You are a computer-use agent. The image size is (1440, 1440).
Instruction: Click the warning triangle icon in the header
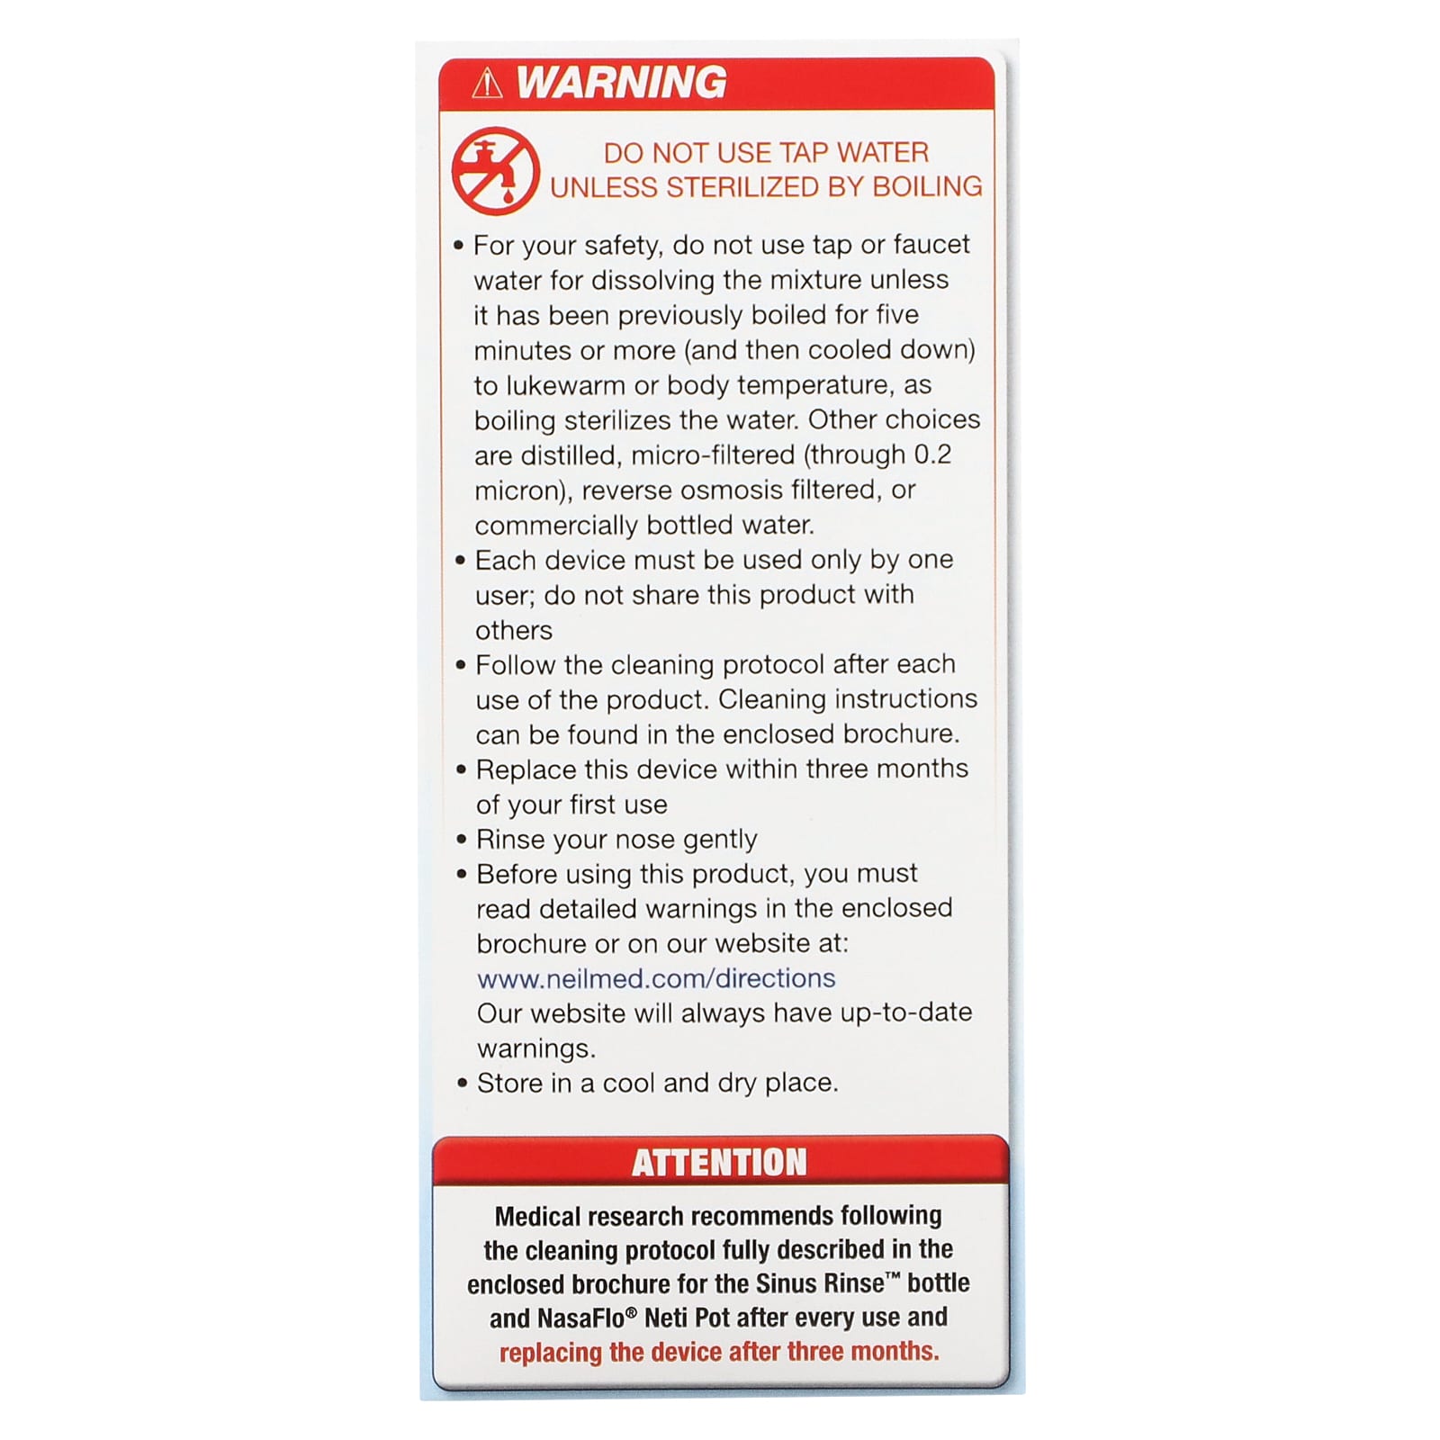487,84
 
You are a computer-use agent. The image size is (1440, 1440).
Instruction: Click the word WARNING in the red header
621,83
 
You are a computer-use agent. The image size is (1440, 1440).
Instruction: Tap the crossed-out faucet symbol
494,171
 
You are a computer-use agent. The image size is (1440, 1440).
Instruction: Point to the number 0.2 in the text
932,454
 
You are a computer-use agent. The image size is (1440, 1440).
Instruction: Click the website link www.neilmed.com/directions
655,978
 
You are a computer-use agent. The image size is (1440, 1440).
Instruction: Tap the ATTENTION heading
719,1162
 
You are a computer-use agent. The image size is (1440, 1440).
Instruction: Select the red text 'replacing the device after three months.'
719,1352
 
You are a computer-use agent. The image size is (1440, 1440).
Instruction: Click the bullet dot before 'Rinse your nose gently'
462,840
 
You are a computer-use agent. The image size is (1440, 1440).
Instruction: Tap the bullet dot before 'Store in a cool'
463,1084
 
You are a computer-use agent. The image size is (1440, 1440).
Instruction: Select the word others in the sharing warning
513,630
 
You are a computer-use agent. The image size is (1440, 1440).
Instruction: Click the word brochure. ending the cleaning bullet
900,734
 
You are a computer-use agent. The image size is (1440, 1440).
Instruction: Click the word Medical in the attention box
537,1216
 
